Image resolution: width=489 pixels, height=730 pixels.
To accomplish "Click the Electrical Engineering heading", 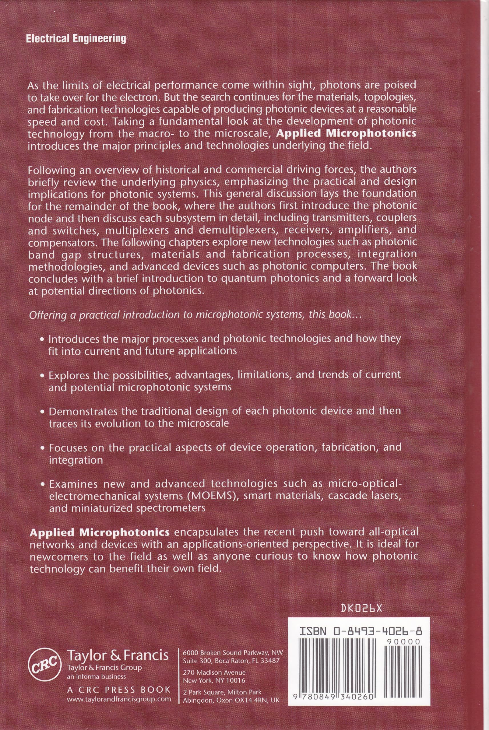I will pos(76,38).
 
